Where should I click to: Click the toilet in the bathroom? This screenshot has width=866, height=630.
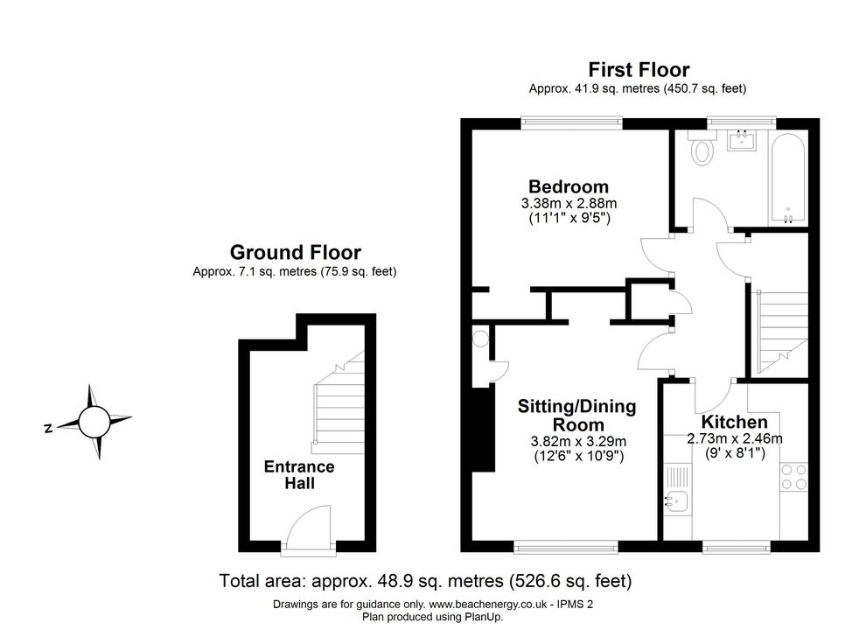(x=702, y=148)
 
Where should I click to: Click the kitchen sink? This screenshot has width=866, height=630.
(x=676, y=501)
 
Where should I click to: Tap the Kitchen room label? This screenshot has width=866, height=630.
(x=734, y=422)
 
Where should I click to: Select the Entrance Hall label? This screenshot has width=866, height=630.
(x=299, y=475)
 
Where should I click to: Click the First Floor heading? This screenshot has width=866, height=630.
(x=639, y=70)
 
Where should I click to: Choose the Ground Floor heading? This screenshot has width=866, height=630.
(x=295, y=252)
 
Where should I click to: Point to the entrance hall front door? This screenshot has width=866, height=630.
(x=310, y=528)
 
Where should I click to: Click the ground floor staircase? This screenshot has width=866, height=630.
(x=338, y=402)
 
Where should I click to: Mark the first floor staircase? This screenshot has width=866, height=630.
(x=782, y=332)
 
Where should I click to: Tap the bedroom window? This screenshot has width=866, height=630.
(x=571, y=122)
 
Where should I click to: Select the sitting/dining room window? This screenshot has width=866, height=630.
(x=566, y=547)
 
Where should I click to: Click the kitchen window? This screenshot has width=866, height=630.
(x=737, y=547)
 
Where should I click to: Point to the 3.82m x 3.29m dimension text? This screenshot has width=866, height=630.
(x=578, y=442)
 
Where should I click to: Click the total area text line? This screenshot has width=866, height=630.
(x=425, y=581)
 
